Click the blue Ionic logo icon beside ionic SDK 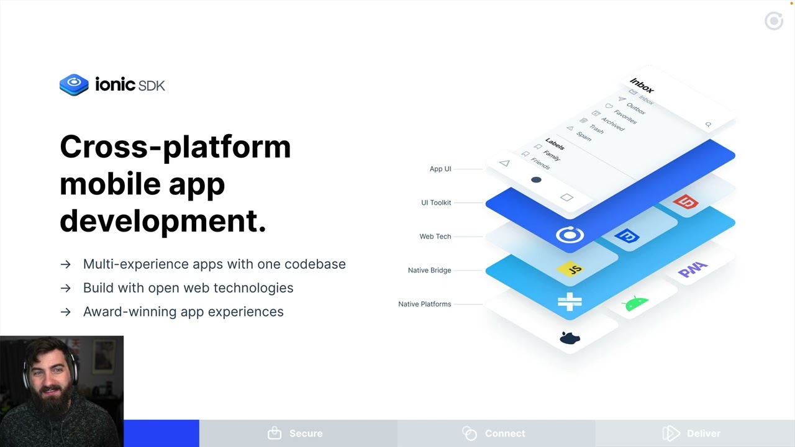pyautogui.click(x=74, y=84)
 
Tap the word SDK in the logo pyautogui.click(x=152, y=86)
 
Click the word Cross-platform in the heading pyautogui.click(x=175, y=147)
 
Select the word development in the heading pyautogui.click(x=163, y=220)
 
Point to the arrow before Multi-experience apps pyautogui.click(x=66, y=264)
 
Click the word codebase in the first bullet pyautogui.click(x=315, y=264)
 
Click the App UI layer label pyautogui.click(x=440, y=169)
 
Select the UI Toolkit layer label pyautogui.click(x=436, y=202)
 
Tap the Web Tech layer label pyautogui.click(x=435, y=237)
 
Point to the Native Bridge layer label pyautogui.click(x=429, y=270)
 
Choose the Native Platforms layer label pyautogui.click(x=424, y=304)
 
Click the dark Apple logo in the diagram pyautogui.click(x=570, y=338)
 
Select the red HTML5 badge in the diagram pyautogui.click(x=686, y=202)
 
